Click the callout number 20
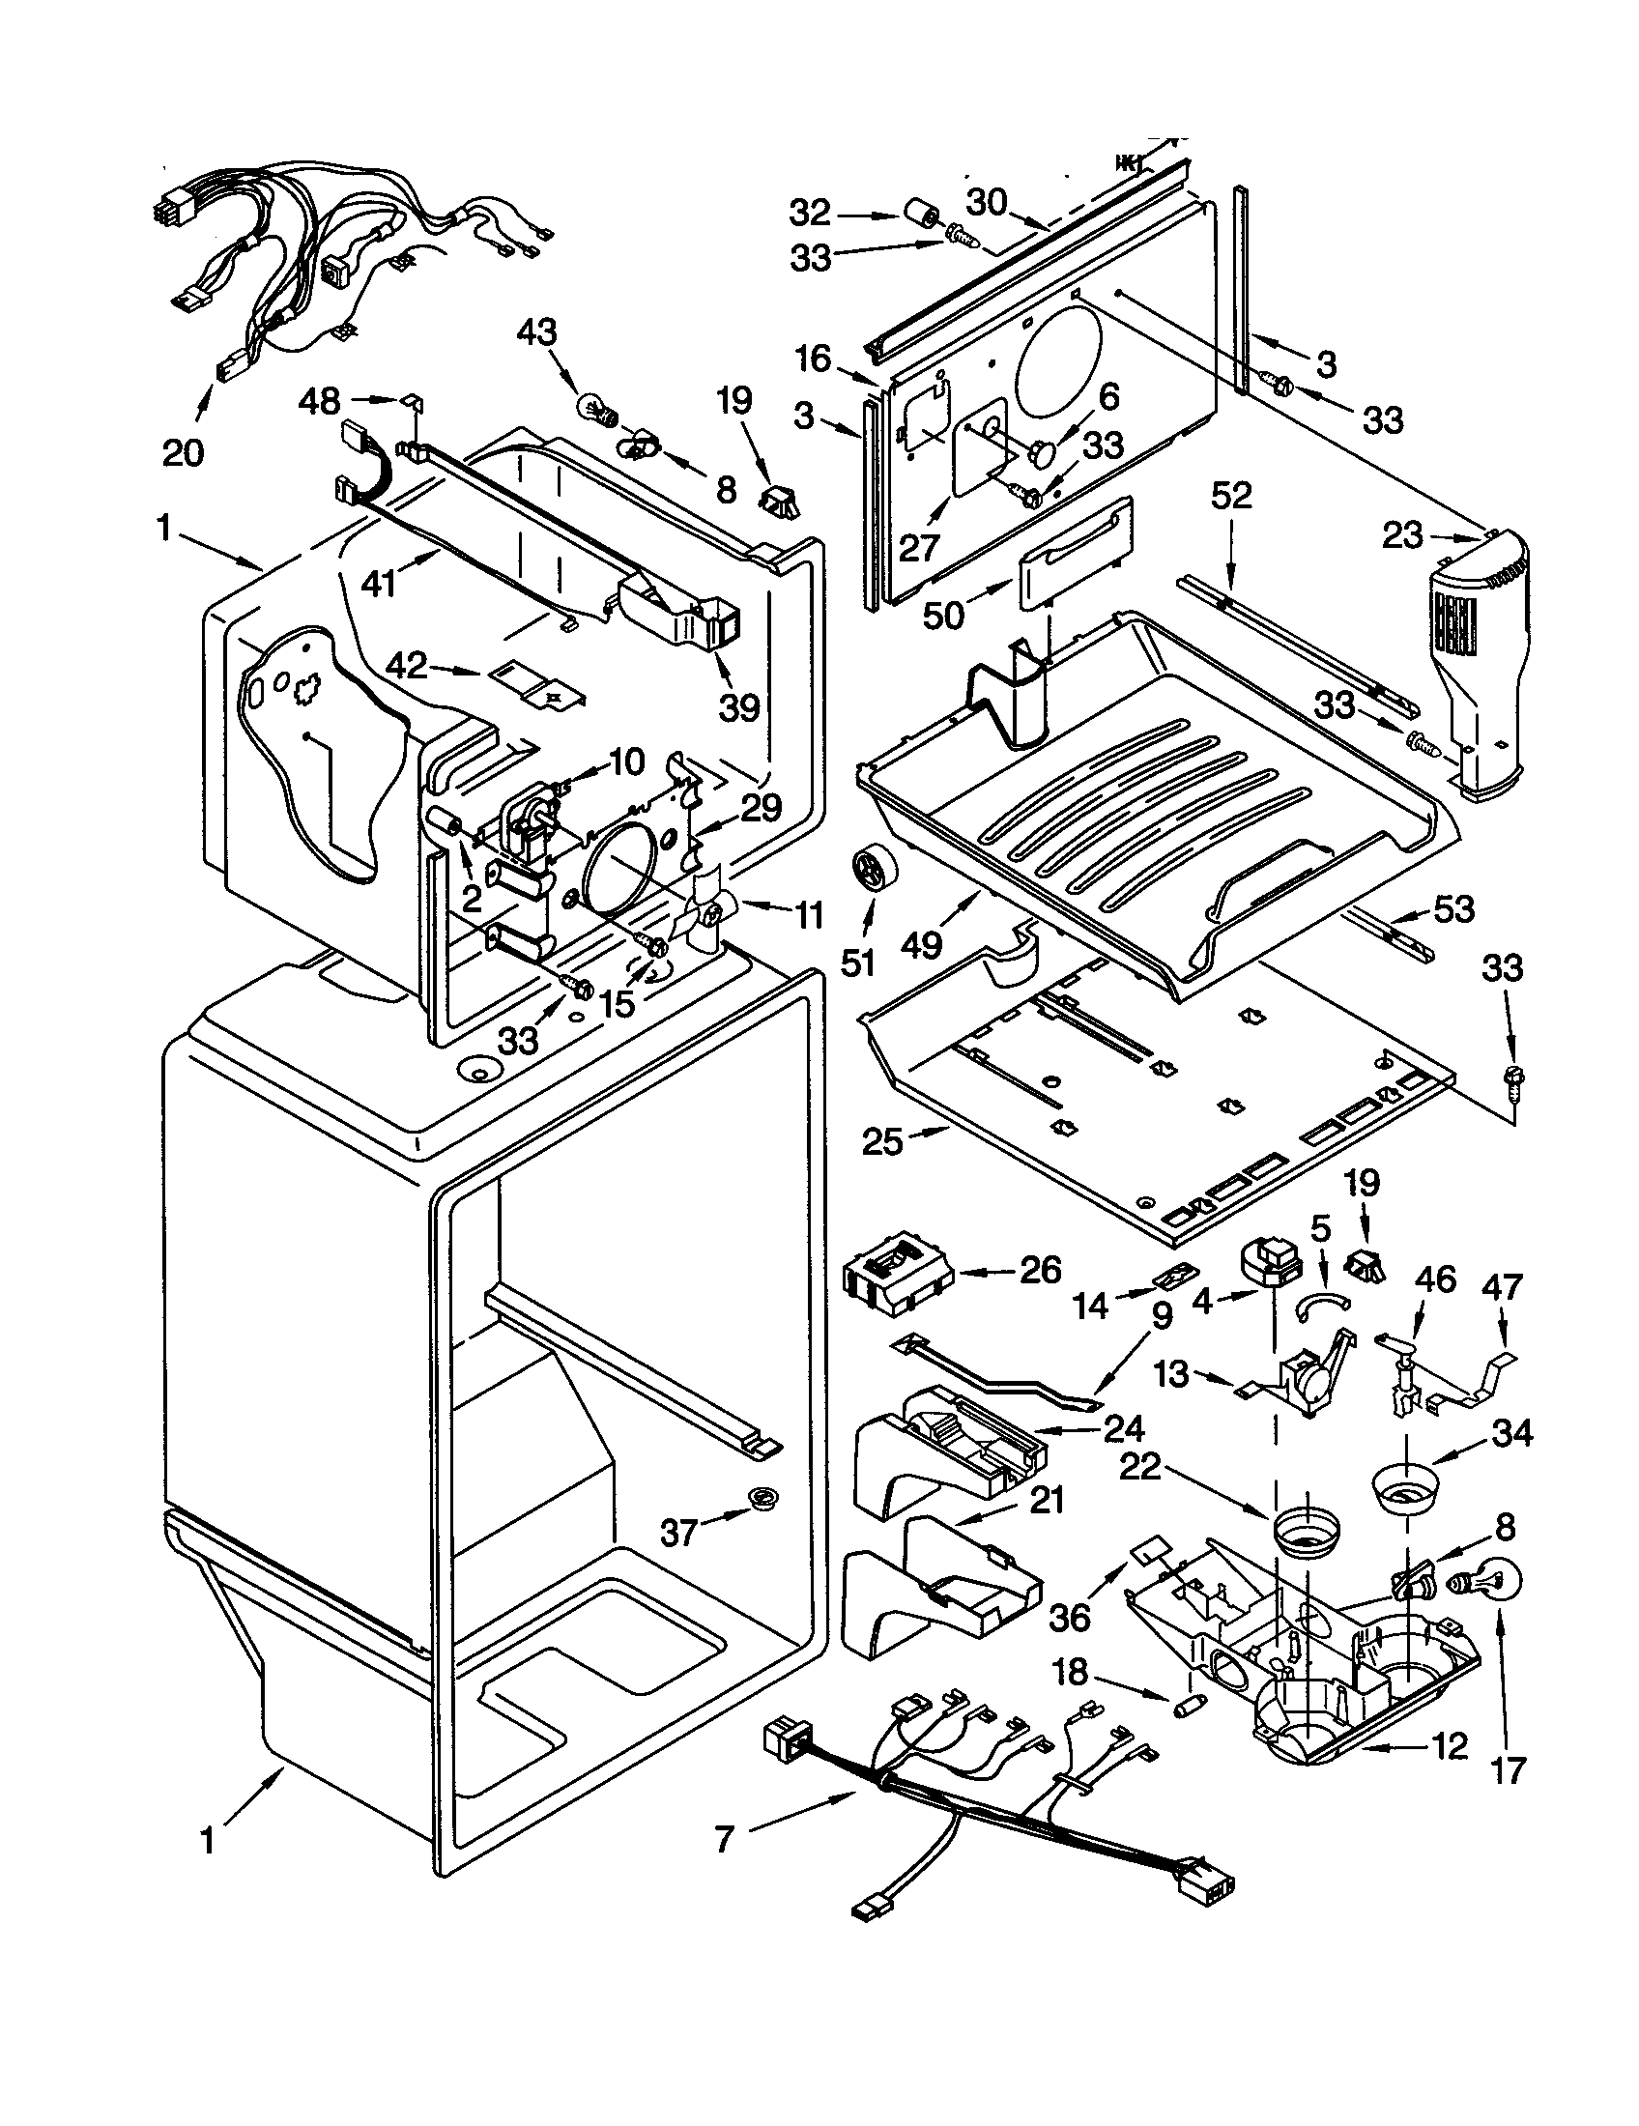point(183,451)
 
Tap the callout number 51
point(857,962)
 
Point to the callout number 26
point(1040,1270)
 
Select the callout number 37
point(678,1534)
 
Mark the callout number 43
point(536,334)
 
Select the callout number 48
point(319,400)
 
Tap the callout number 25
point(882,1142)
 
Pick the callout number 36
point(1070,1617)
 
